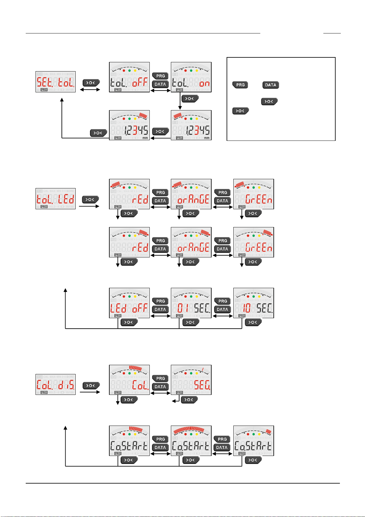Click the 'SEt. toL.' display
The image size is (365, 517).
click(x=55, y=82)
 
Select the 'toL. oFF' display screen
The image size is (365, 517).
click(x=129, y=77)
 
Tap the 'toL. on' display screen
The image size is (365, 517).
click(x=191, y=77)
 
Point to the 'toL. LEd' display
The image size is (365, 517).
click(x=55, y=199)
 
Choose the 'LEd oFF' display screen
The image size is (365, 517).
click(x=129, y=303)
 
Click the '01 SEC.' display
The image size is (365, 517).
click(x=191, y=303)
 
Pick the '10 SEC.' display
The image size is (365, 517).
click(x=254, y=303)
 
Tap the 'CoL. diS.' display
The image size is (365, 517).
click(x=55, y=384)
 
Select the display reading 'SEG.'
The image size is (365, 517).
click(x=191, y=380)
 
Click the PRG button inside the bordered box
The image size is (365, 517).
click(x=240, y=85)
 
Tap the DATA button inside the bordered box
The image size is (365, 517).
click(x=271, y=85)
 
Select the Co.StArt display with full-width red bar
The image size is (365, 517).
click(x=191, y=441)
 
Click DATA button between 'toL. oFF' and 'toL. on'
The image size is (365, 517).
click(x=160, y=84)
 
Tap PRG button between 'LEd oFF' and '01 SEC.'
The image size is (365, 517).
click(x=160, y=301)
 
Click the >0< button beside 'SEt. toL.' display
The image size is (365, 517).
click(x=91, y=83)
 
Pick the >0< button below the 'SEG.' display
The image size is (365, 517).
click(x=190, y=399)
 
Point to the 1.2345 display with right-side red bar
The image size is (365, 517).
click(x=129, y=125)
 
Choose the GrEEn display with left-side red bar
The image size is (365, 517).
click(x=254, y=194)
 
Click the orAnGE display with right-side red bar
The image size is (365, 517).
click(x=191, y=242)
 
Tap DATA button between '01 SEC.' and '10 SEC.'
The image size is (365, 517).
click(x=222, y=309)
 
